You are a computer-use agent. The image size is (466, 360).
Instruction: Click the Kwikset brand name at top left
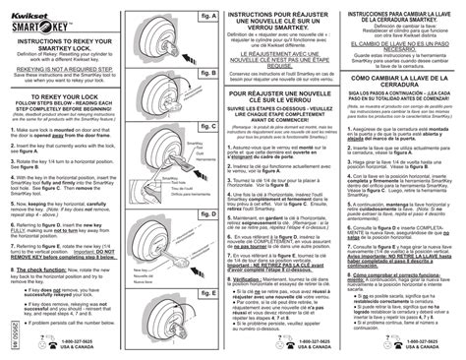(30, 7)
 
